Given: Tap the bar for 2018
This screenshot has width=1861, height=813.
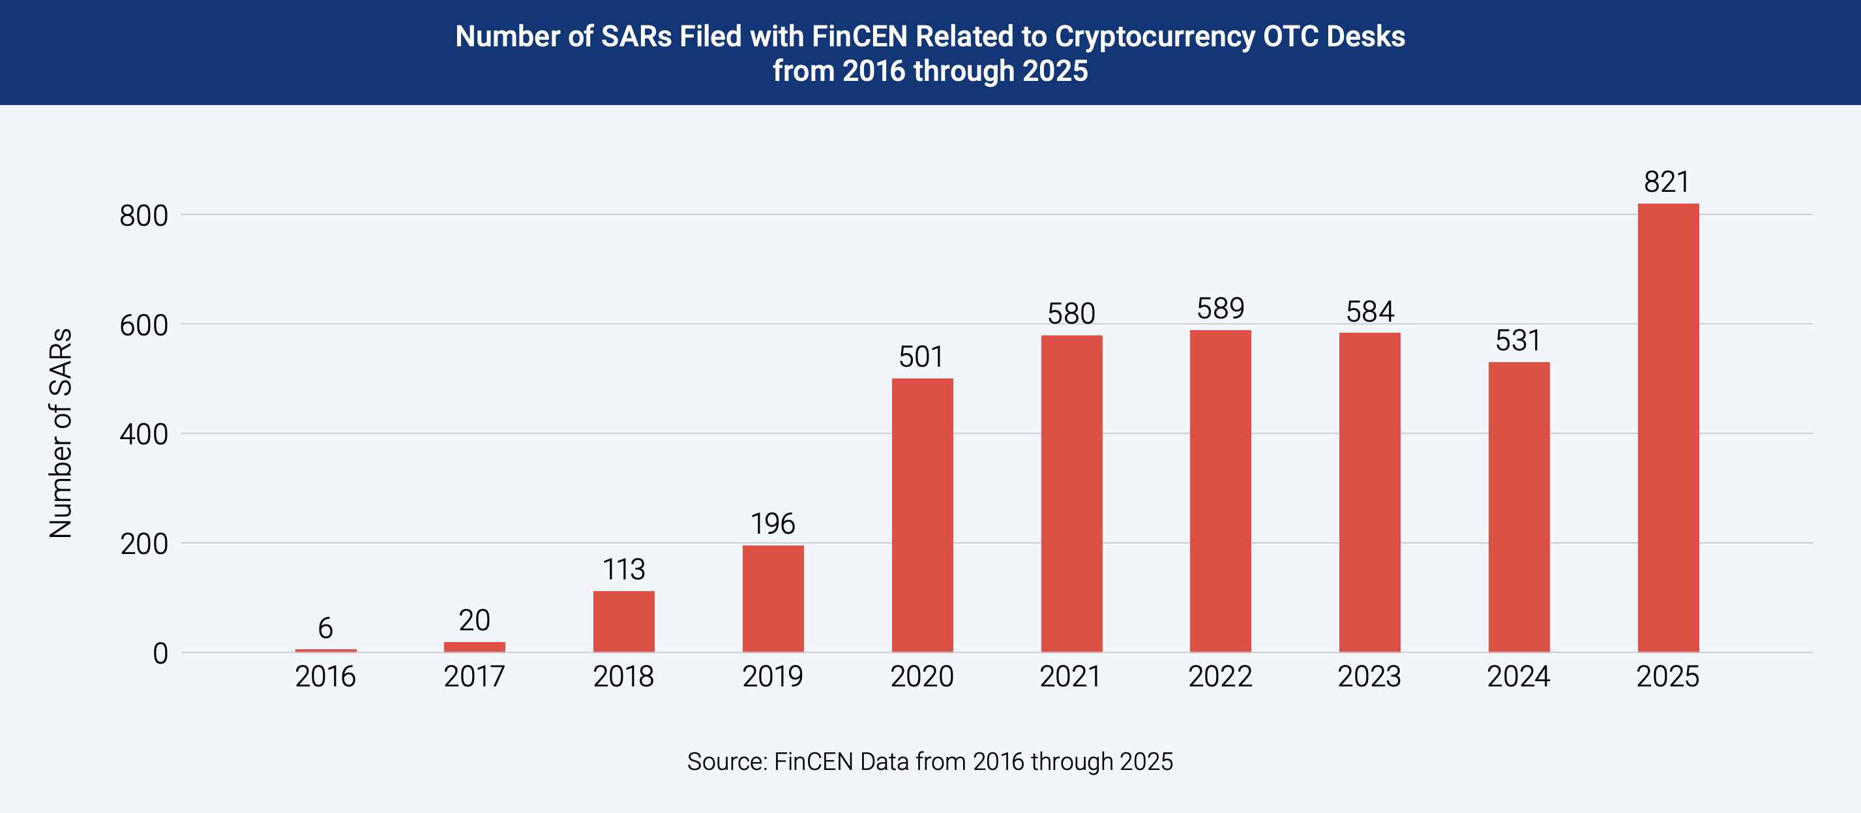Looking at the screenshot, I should pos(623,621).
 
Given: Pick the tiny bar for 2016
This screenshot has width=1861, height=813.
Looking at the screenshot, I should pos(325,651).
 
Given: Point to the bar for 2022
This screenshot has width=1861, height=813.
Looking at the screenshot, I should pos(1220,491).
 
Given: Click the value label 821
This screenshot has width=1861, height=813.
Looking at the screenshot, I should pos(1667,182).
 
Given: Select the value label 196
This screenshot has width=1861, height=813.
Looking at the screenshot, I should pos(772,524).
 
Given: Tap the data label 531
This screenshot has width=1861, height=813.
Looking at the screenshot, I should pos(1518,341).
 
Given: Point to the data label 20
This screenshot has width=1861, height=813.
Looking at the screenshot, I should pos(474,620).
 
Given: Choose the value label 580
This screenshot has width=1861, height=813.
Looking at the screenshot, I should pos(1071,314).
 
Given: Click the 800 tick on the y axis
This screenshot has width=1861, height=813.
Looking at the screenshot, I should pos(143,215).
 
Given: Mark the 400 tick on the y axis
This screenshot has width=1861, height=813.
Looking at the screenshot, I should pos(143,435).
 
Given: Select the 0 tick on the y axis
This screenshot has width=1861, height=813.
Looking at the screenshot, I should pos(160,653).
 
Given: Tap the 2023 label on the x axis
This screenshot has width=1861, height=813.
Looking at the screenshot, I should pos(1369,677).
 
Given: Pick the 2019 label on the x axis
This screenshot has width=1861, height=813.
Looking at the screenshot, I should pos(772,677).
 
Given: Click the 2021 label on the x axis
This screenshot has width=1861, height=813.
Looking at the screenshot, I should pos(1071,677).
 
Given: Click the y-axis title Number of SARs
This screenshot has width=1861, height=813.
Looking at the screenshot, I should pos(61,434).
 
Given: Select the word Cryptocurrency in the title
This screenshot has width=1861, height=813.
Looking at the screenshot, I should pos(1154,36).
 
